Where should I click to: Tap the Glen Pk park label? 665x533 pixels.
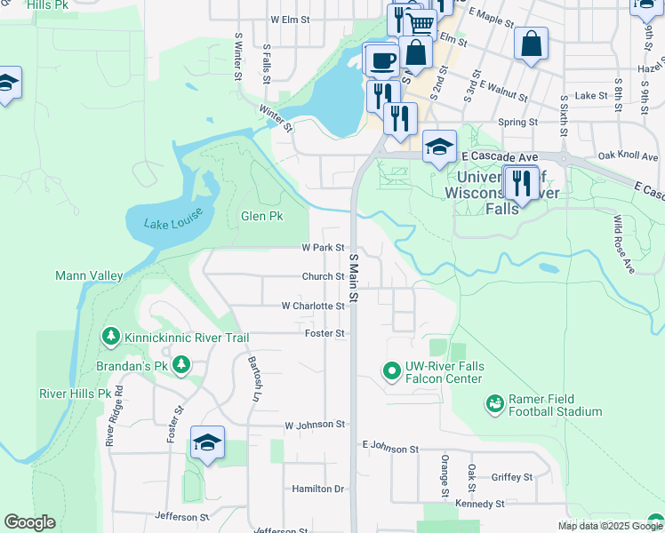(261, 216)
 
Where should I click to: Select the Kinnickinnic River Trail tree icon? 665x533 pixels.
(110, 338)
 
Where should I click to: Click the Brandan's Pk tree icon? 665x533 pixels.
(181, 365)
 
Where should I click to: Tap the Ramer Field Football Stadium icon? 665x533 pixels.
(495, 405)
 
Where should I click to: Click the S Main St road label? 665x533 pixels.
(353, 276)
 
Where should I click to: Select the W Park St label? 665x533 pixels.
(323, 248)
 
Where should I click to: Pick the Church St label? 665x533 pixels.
(323, 276)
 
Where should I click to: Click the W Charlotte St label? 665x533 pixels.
(312, 306)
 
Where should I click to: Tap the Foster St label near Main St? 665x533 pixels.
(324, 334)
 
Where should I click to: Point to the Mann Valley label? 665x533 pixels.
(89, 276)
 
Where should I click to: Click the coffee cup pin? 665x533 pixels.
(383, 60)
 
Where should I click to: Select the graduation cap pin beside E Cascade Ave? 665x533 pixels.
(439, 148)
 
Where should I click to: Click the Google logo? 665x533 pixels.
(29, 522)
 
